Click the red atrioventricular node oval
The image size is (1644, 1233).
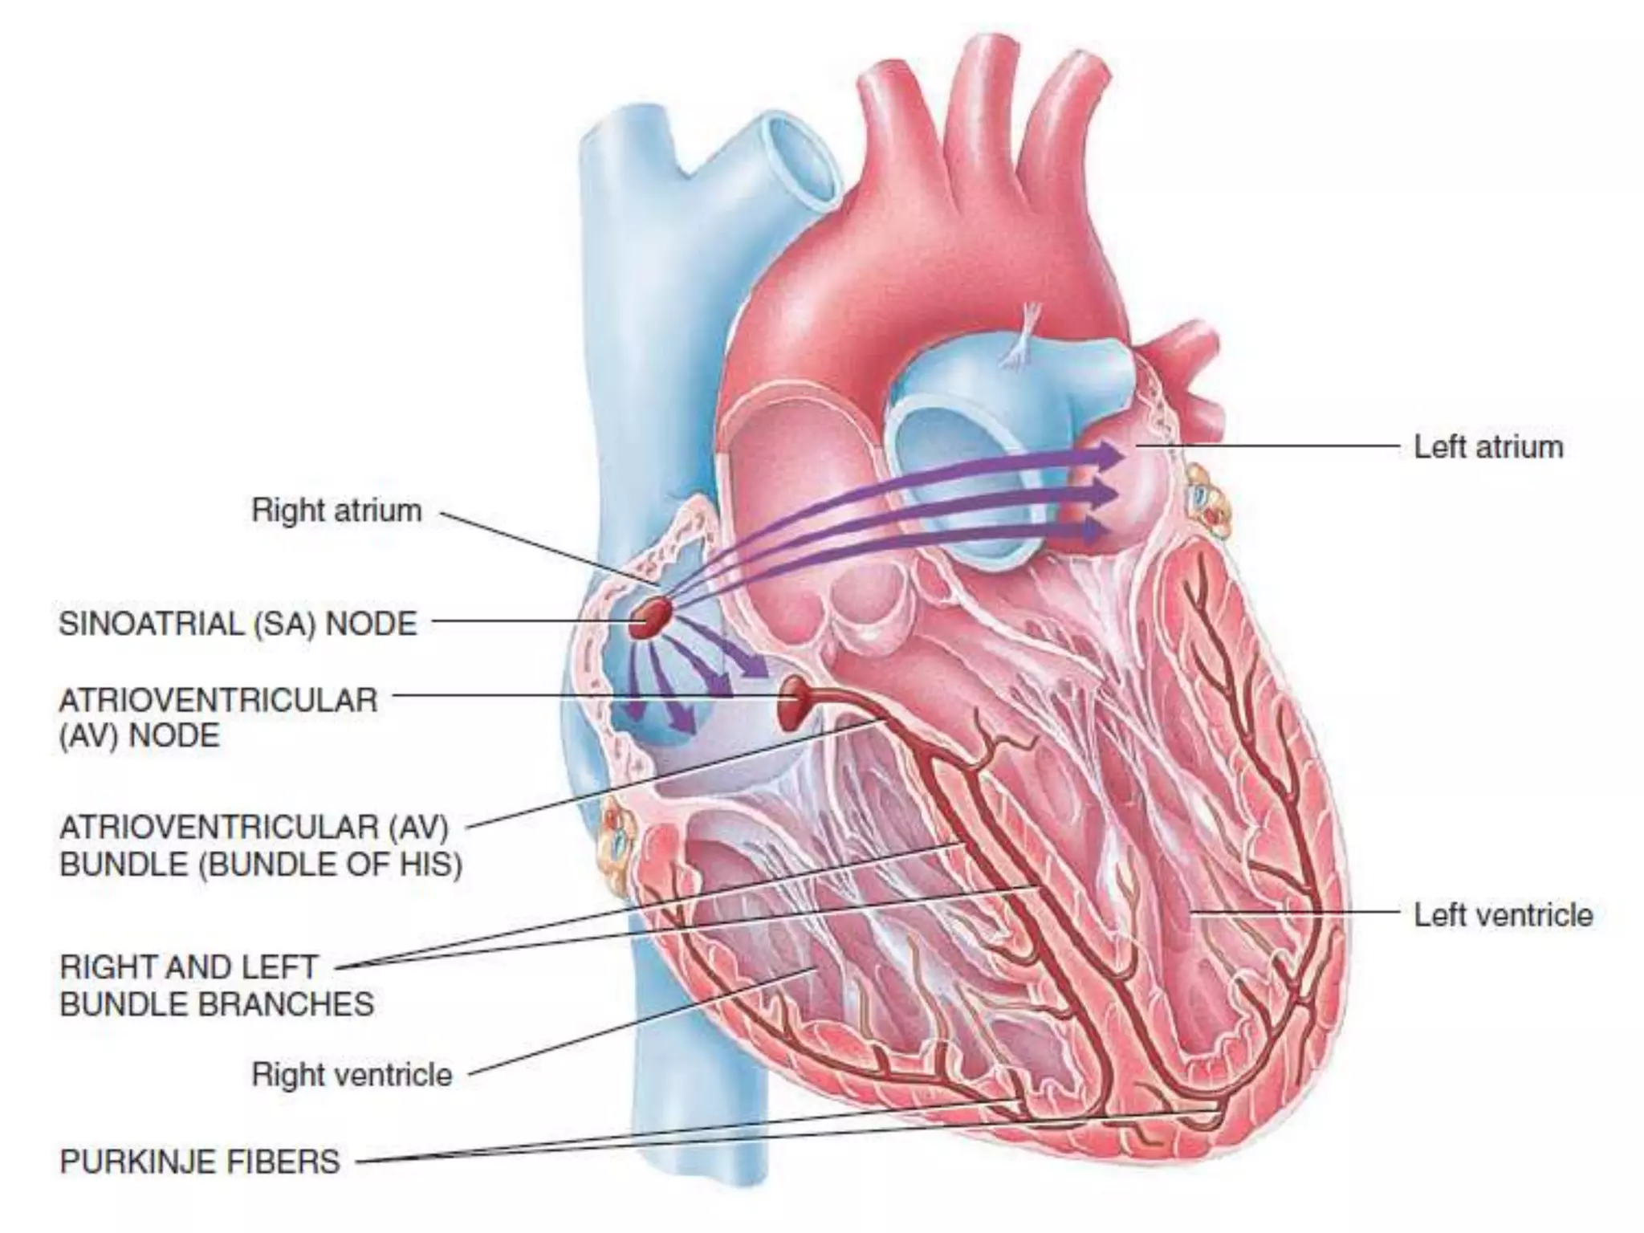[796, 702]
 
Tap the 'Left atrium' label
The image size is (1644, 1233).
[1488, 447]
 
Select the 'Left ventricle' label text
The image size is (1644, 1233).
[1503, 914]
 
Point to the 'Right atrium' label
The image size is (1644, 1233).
[336, 511]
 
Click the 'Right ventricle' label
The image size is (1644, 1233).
[352, 1074]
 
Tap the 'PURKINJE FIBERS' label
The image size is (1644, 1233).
[200, 1161]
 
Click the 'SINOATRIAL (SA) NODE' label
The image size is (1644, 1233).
[238, 624]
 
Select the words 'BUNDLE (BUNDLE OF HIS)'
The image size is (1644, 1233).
[261, 865]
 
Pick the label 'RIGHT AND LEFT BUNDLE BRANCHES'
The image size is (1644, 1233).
[217, 985]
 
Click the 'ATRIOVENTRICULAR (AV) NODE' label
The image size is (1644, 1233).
[218, 718]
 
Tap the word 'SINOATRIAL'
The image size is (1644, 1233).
[151, 624]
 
